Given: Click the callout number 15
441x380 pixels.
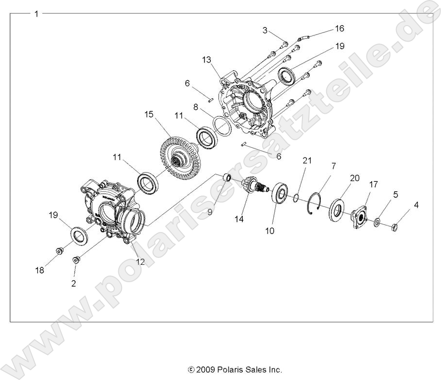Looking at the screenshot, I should pyautogui.click(x=148, y=114).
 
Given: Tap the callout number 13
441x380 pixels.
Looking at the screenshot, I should pyautogui.click(x=207, y=60).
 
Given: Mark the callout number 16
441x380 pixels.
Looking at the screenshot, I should pyautogui.click(x=339, y=29).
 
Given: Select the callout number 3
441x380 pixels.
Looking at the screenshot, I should pyautogui.click(x=265, y=31).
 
